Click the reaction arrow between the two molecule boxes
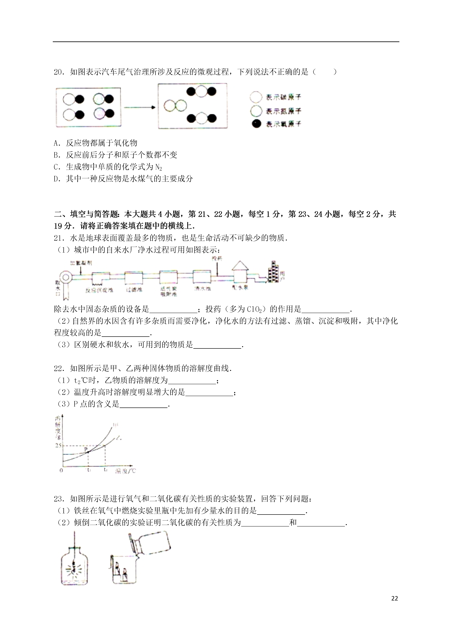coord(139,107)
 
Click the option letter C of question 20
coord(57,167)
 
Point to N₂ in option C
coord(159,167)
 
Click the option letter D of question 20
coord(57,179)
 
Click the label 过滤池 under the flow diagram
coord(134,290)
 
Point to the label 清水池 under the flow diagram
coord(202,288)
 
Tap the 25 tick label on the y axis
coord(58,445)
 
